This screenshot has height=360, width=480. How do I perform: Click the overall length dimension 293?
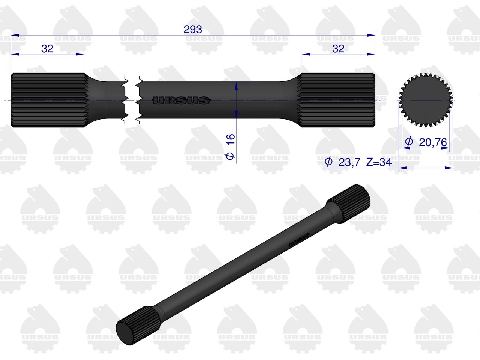[x=193, y=30]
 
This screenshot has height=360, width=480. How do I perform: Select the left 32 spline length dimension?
[x=47, y=48]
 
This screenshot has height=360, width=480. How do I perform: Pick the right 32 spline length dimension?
[x=338, y=48]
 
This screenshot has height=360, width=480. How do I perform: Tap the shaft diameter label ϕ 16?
[x=230, y=147]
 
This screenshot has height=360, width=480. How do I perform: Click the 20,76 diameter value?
[x=433, y=142]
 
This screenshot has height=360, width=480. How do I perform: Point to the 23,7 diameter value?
[x=349, y=162]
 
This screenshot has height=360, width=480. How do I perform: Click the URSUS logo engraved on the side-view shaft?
[x=181, y=100]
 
